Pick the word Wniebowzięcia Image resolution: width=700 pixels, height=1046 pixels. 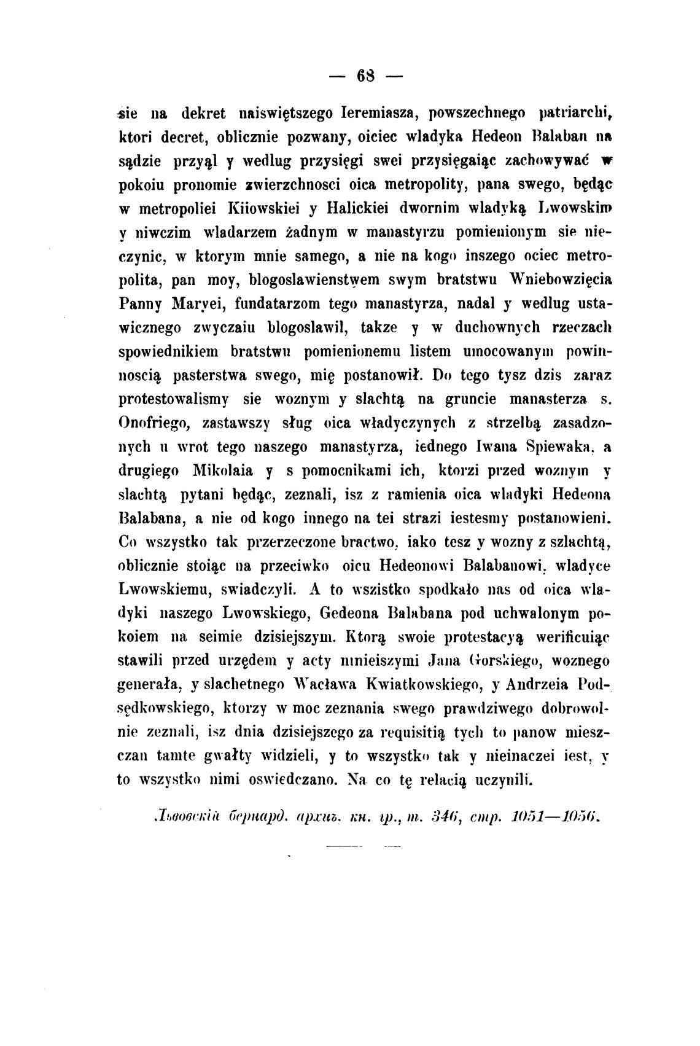click(562, 279)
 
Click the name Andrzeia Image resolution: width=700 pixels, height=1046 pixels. click(530, 684)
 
